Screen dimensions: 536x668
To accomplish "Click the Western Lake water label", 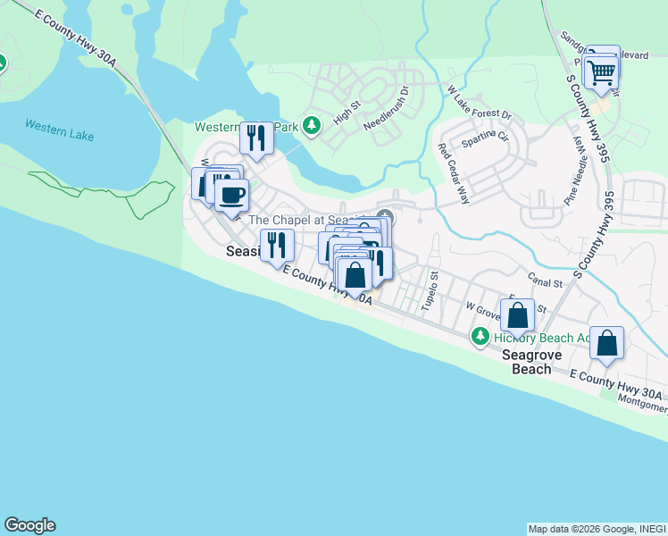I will click(59, 130).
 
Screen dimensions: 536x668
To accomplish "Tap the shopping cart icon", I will click(603, 71).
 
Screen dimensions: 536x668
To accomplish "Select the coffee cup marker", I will click(231, 195).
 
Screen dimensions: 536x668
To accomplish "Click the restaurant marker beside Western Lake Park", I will click(255, 138).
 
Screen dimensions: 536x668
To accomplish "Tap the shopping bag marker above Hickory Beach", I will click(517, 315).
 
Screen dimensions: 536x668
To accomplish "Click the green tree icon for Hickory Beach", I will click(480, 336).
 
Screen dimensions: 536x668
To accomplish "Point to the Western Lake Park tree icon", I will click(311, 126).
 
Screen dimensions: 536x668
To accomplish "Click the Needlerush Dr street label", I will click(386, 108).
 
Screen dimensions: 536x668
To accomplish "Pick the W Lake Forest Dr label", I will click(479, 103).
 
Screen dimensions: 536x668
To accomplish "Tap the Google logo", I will click(29, 525).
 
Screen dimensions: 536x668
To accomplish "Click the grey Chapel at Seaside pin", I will click(385, 217).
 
